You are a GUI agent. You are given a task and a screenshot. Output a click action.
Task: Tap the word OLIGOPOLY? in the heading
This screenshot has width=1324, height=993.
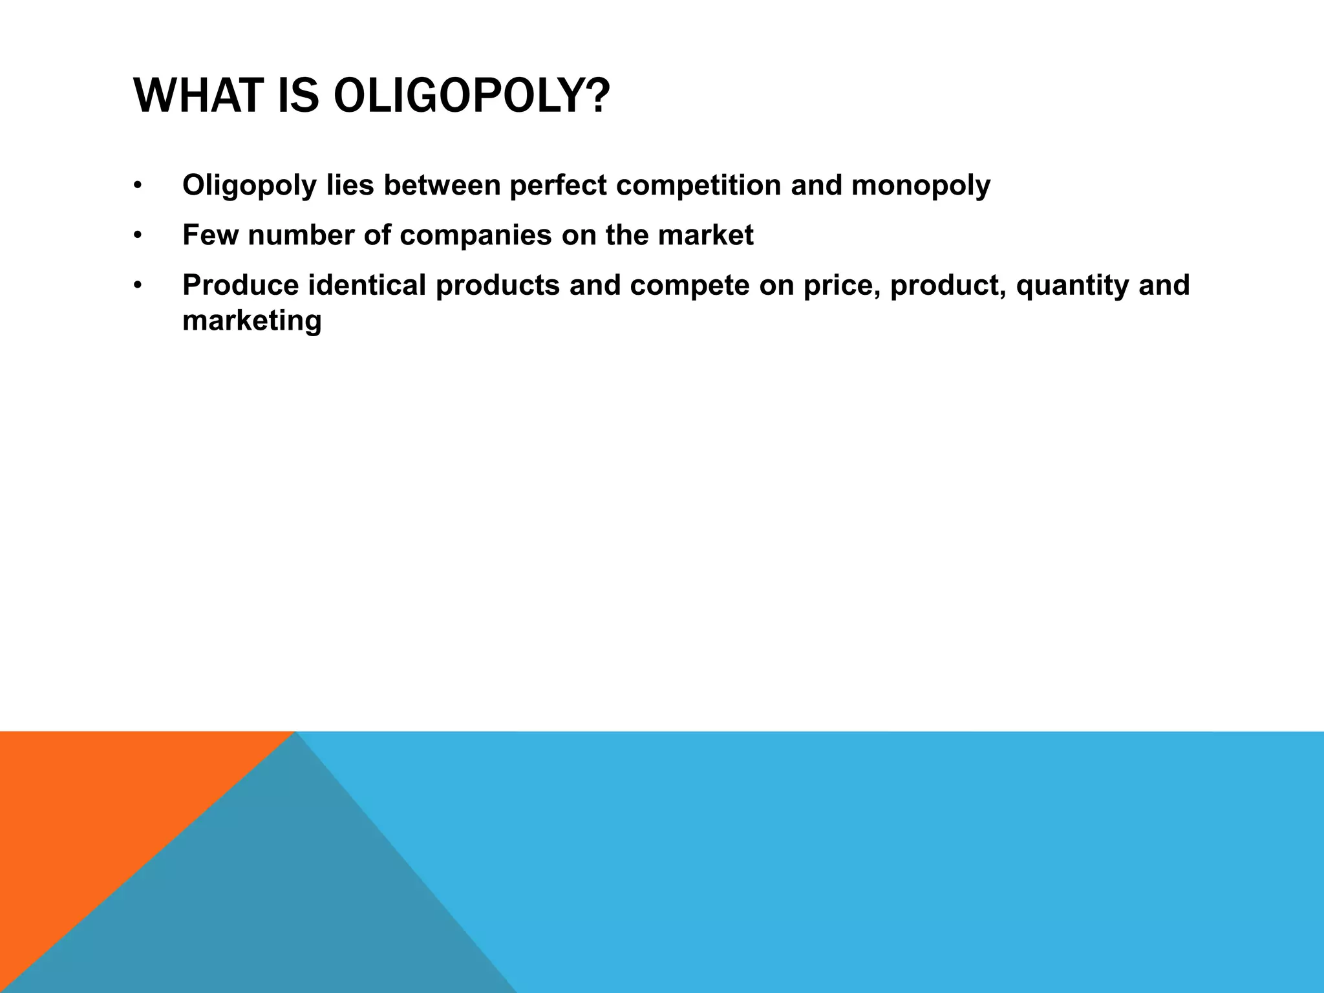coord(471,96)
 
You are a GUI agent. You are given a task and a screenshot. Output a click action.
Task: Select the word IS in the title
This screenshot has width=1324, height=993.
coord(298,96)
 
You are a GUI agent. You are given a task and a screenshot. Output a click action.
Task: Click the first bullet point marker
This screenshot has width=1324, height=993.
coord(137,186)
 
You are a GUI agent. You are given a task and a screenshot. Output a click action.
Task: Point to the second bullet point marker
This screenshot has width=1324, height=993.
coord(137,236)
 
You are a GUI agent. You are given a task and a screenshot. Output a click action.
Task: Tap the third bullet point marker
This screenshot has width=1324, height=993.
coord(137,286)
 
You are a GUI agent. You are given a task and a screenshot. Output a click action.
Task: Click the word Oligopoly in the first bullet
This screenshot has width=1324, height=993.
coord(250,186)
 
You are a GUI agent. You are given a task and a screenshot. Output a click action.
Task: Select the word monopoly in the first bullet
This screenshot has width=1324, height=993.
coord(921,186)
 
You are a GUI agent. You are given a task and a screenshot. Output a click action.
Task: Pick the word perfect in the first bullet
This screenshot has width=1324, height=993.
coord(557,186)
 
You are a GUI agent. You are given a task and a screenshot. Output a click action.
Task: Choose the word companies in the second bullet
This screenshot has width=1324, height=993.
coord(476,235)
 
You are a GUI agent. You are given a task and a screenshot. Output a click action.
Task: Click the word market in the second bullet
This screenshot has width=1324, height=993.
coord(705,235)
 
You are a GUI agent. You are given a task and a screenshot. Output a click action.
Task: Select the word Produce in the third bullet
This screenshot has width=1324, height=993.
coord(240,285)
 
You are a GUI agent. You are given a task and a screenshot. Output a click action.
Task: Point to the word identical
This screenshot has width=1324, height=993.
coord(367,285)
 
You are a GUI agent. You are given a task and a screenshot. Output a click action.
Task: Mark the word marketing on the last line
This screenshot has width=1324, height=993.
coord(251,321)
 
